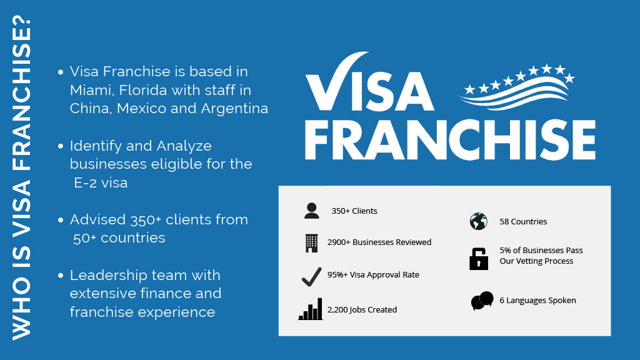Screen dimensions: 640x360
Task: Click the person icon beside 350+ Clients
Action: tap(311, 211)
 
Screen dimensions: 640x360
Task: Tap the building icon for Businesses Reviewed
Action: tap(311, 243)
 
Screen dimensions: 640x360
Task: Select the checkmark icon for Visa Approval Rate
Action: tap(311, 277)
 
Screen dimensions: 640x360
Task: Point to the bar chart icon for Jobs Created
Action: tap(310, 309)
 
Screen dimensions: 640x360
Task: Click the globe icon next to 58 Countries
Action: tap(478, 222)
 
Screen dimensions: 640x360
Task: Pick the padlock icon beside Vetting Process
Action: tap(479, 259)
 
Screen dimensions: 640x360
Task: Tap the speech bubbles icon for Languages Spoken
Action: tap(482, 301)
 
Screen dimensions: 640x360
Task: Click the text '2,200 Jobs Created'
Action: tap(362, 310)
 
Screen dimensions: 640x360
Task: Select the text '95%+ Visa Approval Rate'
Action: tap(373, 275)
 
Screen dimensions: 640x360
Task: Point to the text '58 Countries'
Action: tap(523, 222)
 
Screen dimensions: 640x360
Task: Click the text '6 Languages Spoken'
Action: tap(537, 301)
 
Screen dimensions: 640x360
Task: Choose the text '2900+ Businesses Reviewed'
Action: tap(379, 242)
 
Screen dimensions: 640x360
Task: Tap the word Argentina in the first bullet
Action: tap(234, 109)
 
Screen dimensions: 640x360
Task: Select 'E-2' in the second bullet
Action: tap(86, 183)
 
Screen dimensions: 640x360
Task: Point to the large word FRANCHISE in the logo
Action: tap(450, 139)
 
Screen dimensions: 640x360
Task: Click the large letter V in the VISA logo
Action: tap(332, 82)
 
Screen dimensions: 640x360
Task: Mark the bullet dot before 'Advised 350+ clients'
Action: tap(61, 220)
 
